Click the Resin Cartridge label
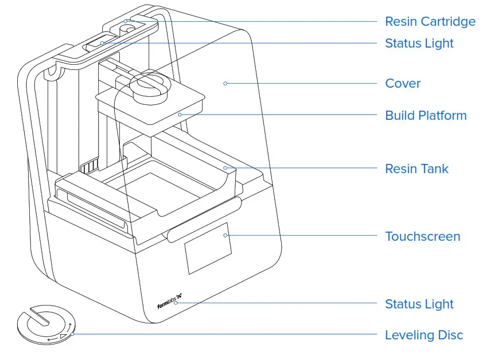[x=430, y=22]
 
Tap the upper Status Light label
[x=419, y=44]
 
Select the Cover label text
[x=402, y=84]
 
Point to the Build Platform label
[x=426, y=116]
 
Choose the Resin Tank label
[x=417, y=169]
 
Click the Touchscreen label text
[x=422, y=237]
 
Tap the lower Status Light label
[x=419, y=304]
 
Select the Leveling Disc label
[x=423, y=335]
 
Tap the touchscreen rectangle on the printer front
[x=208, y=247]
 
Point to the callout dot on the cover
[x=225, y=84]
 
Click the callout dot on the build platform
[x=180, y=115]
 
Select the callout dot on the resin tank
[x=225, y=169]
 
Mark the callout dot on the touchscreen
[x=225, y=235]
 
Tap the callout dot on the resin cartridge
[x=126, y=22]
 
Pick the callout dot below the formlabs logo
[x=176, y=303]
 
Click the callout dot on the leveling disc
[x=72, y=334]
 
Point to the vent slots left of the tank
[x=88, y=168]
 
